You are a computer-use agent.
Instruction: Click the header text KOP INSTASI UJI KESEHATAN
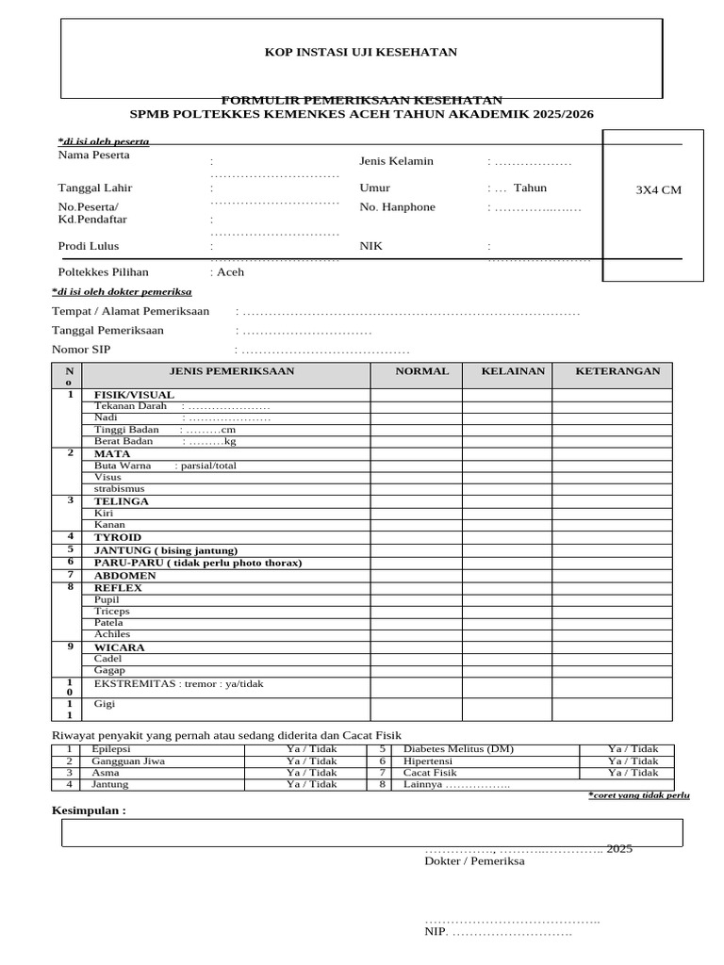361,52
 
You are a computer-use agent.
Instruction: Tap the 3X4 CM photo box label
658,189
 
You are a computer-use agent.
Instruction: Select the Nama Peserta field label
94,155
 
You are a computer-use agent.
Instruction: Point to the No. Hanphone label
397,207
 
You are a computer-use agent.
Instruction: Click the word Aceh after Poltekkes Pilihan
231,271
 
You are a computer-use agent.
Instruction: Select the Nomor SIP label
81,350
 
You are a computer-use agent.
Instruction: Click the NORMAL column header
421,371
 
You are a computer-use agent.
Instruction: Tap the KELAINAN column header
513,371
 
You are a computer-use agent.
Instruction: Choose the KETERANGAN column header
617,371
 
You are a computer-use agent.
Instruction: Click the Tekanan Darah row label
130,406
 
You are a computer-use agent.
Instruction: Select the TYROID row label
117,537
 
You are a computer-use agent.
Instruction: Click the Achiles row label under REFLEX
112,634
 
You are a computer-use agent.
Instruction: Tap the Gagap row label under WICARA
109,670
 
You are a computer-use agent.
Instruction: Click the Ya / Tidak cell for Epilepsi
311,749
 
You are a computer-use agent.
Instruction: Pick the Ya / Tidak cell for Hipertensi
633,761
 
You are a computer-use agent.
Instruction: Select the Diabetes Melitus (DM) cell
458,749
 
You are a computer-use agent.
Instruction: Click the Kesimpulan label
88,810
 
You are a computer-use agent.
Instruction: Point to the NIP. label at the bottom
435,932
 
